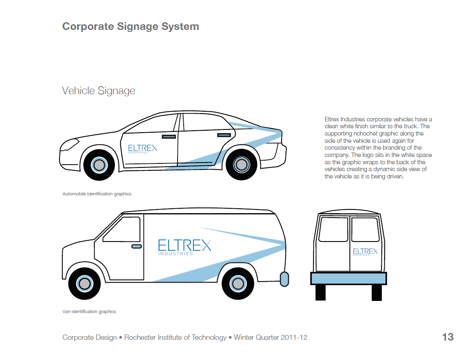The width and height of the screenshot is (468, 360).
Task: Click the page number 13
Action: coord(448,337)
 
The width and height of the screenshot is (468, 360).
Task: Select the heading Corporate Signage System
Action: coord(130,27)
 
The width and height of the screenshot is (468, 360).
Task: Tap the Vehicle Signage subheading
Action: coord(98,91)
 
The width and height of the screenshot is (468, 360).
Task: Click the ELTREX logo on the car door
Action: coord(142,148)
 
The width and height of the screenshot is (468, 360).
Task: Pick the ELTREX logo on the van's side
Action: coord(184,247)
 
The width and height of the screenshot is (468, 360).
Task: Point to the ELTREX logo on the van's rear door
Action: coord(365,252)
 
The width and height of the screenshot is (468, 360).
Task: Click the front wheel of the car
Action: coord(99,165)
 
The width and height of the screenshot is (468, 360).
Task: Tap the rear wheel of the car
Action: coord(241,165)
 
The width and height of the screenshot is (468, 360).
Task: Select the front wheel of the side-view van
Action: coord(84,284)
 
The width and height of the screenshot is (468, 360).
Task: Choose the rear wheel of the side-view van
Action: coord(237,284)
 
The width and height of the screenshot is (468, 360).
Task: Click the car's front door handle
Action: coord(169,137)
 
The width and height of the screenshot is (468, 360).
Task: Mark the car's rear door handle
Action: coord(224,135)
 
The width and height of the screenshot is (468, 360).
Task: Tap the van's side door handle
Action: coord(137,246)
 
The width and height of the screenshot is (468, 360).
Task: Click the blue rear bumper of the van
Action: coord(348,279)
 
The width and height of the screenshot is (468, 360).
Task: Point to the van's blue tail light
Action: coord(284,279)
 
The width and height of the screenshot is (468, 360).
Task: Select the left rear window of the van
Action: coord(334,230)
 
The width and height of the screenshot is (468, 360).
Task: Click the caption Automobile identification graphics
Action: coord(97,194)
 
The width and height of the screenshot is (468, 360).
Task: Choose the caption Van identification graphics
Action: coord(89,311)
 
